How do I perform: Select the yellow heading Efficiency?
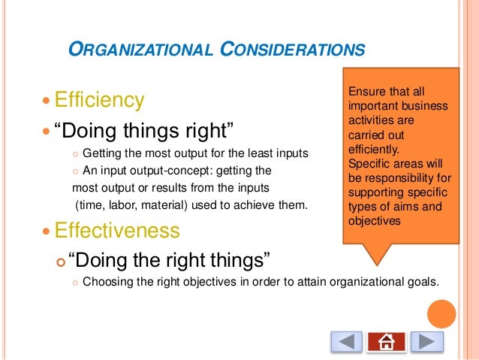[x=103, y=100]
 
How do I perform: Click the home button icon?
[x=387, y=342]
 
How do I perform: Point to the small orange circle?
[x=441, y=313]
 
